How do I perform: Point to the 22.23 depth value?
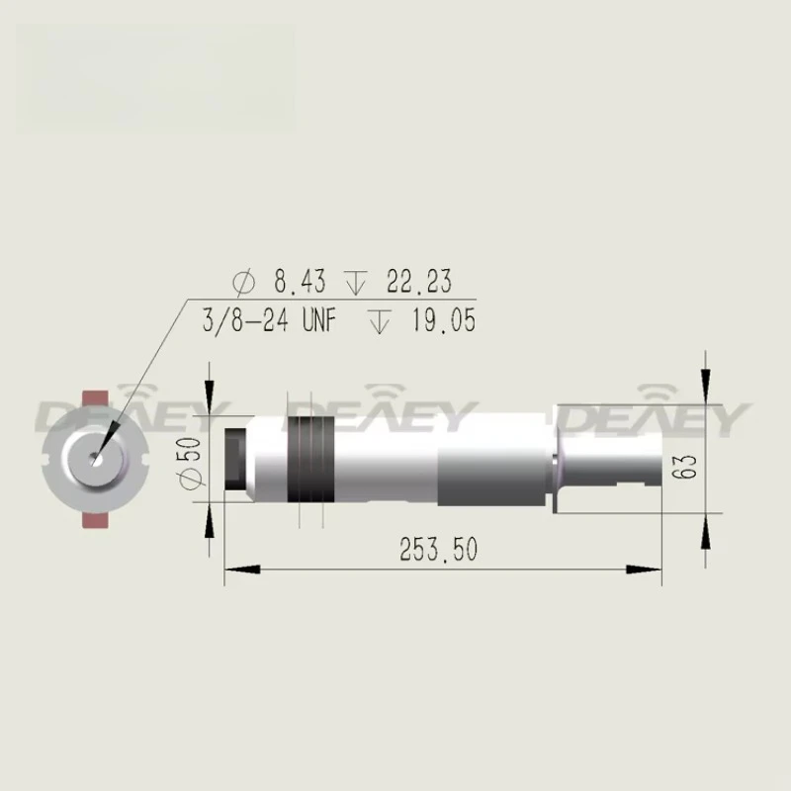[x=418, y=282]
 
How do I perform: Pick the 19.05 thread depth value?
[x=442, y=321]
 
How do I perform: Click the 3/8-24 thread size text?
[x=244, y=321]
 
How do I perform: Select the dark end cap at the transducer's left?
[x=235, y=458]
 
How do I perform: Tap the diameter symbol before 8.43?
[x=243, y=283]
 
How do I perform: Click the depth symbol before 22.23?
[x=357, y=283]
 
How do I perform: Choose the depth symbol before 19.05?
[x=378, y=321]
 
